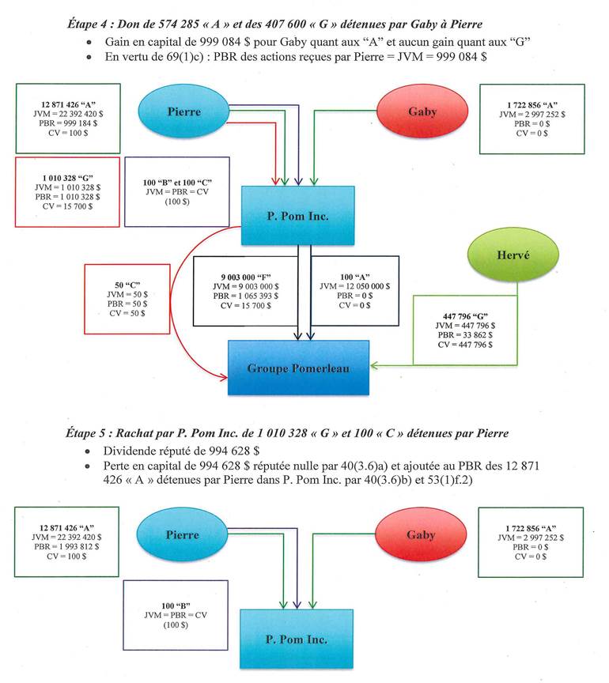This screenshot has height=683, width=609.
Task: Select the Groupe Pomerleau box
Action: pyautogui.click(x=299, y=368)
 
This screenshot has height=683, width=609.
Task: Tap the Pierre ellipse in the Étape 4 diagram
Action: pyautogui.click(x=183, y=111)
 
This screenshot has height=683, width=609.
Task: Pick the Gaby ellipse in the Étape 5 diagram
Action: pyautogui.click(x=421, y=535)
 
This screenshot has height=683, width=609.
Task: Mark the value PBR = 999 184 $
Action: pyautogui.click(x=66, y=123)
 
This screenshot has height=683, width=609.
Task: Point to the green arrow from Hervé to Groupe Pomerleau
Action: pyautogui.click(x=443, y=365)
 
